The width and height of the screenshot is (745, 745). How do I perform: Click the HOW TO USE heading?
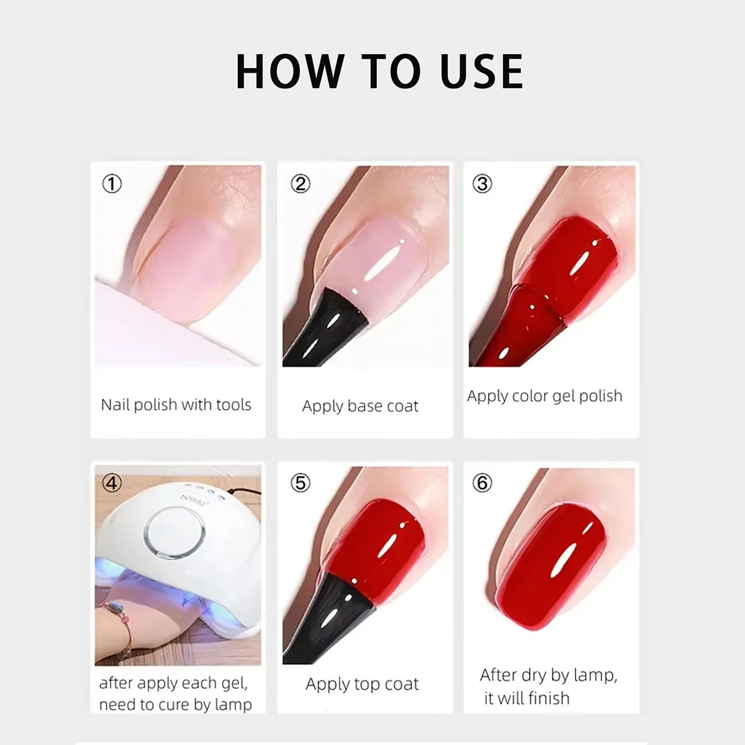pos(379,71)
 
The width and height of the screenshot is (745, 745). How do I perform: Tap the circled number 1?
pos(112,184)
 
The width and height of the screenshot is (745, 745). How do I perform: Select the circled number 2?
pos(300,184)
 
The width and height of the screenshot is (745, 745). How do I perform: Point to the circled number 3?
pos(482,184)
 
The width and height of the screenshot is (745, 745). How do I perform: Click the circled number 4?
pos(112,483)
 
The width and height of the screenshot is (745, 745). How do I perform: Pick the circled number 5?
pos(300,483)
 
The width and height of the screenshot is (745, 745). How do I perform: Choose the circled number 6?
pos(482,483)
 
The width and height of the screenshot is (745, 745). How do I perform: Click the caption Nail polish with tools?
pos(176,405)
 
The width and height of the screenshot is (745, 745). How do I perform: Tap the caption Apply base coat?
pos(360,406)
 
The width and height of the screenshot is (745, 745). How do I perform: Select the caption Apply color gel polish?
pos(544,396)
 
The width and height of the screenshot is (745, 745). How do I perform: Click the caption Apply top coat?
pos(362,684)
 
